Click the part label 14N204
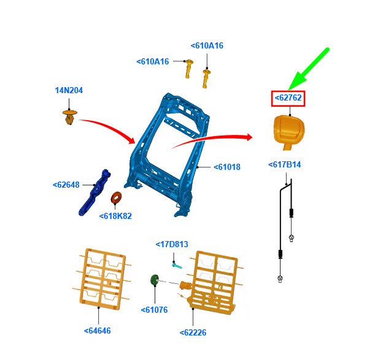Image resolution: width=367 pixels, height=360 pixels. [x=69, y=90]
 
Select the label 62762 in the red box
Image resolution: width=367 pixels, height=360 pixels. [x=288, y=98]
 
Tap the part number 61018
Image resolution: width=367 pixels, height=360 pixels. [x=227, y=167]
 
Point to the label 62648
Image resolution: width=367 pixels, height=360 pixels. [x=66, y=185]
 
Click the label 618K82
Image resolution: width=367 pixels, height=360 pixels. [x=115, y=216]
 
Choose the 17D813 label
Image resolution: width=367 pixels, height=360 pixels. [x=172, y=244]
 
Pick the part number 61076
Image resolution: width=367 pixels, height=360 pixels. [x=155, y=310]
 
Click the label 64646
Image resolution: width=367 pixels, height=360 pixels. [x=98, y=331]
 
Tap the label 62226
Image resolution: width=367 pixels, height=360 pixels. [x=193, y=332]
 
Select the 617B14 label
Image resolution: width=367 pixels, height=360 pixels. [x=285, y=165]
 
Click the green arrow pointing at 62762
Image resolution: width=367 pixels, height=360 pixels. [x=309, y=69]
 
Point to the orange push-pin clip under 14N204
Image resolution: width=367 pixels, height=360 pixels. [x=70, y=117]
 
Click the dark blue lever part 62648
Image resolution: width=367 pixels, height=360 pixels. [x=94, y=193]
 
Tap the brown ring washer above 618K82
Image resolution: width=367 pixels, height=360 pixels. [x=116, y=198]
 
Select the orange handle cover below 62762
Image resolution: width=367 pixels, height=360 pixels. [x=289, y=131]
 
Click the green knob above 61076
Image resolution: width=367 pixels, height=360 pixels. [x=154, y=280]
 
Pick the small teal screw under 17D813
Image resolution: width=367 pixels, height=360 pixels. [x=177, y=266]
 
